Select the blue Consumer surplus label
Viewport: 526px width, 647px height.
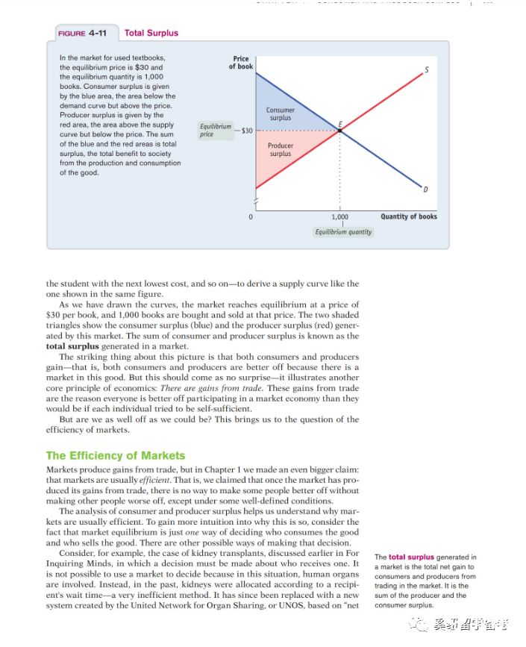pyautogui.click(x=281, y=114)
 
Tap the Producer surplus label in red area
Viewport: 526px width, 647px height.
pyautogui.click(x=281, y=149)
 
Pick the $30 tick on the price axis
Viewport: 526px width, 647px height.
pyautogui.click(x=247, y=131)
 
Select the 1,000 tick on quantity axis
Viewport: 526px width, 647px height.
pyautogui.click(x=340, y=216)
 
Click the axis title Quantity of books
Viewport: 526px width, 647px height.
pyautogui.click(x=409, y=216)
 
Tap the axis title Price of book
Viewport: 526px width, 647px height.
pyautogui.click(x=241, y=62)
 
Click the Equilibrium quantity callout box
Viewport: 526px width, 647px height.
pyautogui.click(x=342, y=232)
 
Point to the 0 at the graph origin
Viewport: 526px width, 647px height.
pyautogui.click(x=251, y=217)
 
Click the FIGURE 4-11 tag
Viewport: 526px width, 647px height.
pyautogui.click(x=84, y=33)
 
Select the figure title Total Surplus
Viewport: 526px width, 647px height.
pyautogui.click(x=151, y=33)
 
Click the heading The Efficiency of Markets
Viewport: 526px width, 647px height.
pyautogui.click(x=116, y=455)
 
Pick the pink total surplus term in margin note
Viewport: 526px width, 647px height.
pyautogui.click(x=411, y=557)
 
